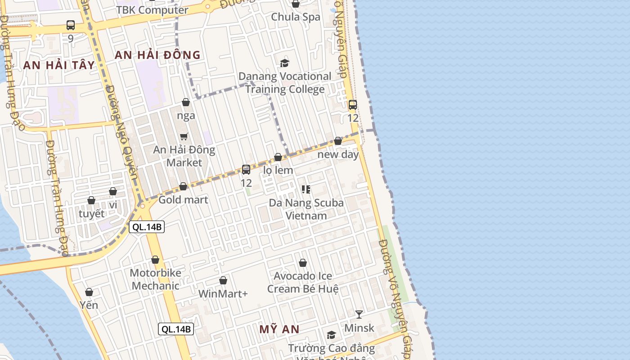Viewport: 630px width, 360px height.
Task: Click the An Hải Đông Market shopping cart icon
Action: (184, 136)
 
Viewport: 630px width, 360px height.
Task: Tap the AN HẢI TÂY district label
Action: (59, 65)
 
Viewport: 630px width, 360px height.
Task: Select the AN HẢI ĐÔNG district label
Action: (157, 55)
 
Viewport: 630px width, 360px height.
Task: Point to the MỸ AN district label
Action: (279, 329)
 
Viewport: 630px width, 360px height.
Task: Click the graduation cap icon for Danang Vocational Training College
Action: (284, 63)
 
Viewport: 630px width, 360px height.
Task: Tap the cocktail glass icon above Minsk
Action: (359, 314)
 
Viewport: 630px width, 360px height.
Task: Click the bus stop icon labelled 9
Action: (71, 25)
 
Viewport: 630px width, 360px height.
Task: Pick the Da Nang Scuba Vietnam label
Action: (306, 209)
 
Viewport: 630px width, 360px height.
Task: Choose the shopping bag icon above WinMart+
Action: (223, 281)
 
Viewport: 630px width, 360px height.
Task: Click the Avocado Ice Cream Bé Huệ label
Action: (303, 282)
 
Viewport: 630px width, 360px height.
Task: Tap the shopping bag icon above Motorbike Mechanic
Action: (155, 260)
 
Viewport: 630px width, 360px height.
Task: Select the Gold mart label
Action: (183, 200)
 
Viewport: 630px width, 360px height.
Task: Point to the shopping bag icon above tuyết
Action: (91, 200)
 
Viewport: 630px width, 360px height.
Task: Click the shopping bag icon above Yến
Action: (89, 292)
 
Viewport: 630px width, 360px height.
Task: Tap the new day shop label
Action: (338, 155)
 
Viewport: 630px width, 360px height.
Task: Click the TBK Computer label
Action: (152, 10)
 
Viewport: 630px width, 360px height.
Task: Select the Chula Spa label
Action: (296, 17)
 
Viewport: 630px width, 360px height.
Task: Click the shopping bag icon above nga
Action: (186, 103)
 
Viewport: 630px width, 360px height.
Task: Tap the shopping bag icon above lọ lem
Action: (278, 157)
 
